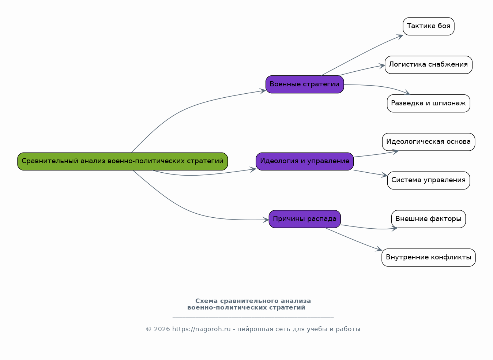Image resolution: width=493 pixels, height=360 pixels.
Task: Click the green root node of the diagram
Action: tap(123, 161)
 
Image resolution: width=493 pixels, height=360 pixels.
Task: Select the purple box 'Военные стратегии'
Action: tap(305, 85)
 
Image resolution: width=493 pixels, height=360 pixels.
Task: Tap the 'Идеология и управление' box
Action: tap(305, 161)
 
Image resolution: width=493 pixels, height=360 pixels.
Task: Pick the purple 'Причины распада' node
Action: tap(305, 219)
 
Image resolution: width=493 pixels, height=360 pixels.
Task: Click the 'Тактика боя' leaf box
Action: tap(429, 26)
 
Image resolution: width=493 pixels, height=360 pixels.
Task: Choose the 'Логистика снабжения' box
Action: tap(429, 65)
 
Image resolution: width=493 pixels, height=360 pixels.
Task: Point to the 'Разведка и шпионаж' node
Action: tap(429, 103)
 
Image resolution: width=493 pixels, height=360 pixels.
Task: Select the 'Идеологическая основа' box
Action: tap(429, 142)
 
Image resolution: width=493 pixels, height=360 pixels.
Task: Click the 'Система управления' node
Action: tap(429, 180)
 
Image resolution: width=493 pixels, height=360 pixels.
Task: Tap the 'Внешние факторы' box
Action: tap(429, 219)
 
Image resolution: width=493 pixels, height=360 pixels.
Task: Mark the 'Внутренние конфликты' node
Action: tap(429, 258)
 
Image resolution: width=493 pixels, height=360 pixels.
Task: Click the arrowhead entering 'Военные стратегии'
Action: tap(263, 91)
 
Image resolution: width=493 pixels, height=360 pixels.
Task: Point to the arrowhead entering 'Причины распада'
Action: tap(266, 220)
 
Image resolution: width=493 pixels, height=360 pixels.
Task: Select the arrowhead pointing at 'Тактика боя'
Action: tap(400, 37)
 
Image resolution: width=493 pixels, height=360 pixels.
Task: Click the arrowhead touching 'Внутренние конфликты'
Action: tap(379, 249)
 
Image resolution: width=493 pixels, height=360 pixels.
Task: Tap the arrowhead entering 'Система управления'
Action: tap(384, 175)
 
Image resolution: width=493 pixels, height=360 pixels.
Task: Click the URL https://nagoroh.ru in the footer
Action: tap(201, 329)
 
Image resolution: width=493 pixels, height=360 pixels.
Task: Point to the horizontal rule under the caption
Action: tap(253, 318)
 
